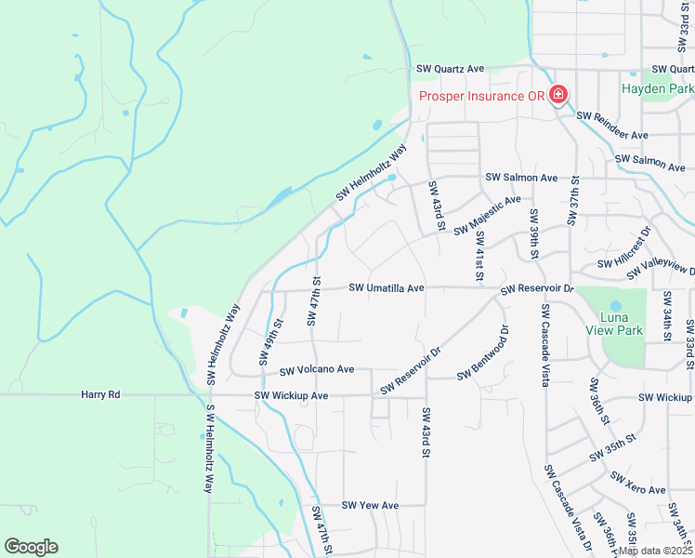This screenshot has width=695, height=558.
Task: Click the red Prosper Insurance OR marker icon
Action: (558, 96)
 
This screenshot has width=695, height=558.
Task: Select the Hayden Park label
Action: (657, 88)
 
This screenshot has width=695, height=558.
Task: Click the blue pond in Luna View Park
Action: (614, 305)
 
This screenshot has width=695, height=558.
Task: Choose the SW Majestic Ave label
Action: (488, 216)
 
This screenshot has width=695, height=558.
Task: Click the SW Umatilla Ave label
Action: (387, 288)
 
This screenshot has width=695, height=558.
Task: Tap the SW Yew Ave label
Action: (370, 505)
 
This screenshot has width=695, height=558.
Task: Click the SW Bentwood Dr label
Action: (484, 352)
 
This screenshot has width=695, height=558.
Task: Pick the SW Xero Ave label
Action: (638, 484)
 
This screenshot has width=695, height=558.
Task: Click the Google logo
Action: (31, 547)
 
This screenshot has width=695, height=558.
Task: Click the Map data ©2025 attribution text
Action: (655, 551)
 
